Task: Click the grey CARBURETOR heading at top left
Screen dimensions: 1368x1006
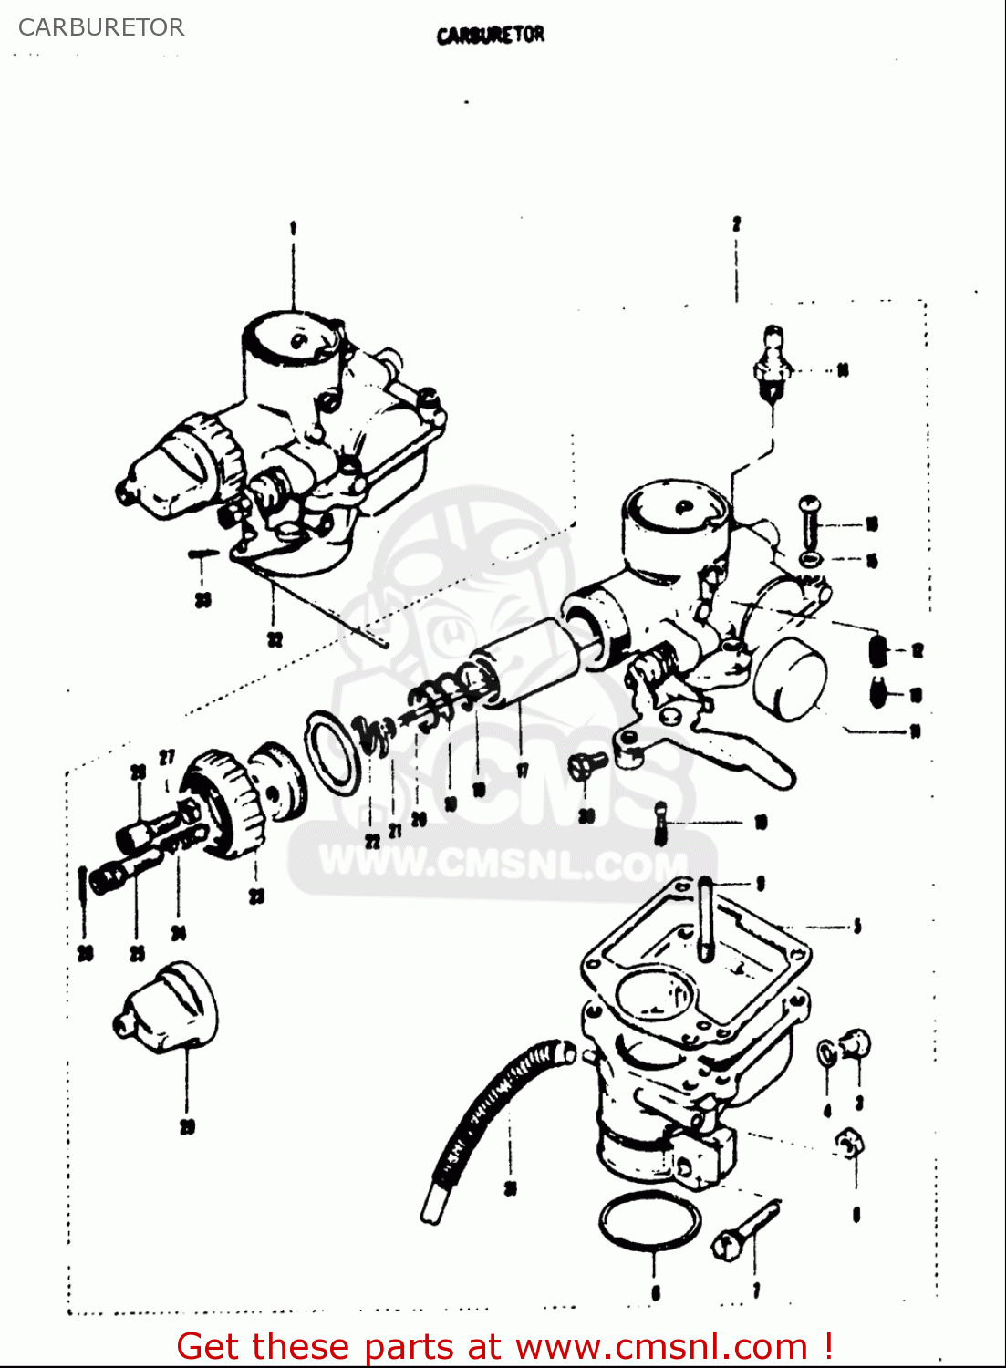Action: pos(101,27)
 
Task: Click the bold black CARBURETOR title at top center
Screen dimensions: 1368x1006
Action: pos(491,36)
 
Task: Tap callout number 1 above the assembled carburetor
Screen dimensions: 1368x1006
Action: pos(293,228)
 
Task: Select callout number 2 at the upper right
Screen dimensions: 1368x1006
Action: pos(736,223)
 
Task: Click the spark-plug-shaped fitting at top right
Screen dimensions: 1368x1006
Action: pos(772,365)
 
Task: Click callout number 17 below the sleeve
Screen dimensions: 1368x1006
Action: pos(523,771)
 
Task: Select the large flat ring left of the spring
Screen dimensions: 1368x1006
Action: pos(333,752)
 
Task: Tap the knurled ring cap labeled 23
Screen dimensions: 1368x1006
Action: pos(223,803)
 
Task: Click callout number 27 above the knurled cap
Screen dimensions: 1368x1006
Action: pos(167,757)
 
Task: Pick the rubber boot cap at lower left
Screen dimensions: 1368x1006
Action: pos(169,1008)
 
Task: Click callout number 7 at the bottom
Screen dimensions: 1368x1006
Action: pos(756,1290)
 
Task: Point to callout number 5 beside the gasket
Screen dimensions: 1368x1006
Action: pos(856,928)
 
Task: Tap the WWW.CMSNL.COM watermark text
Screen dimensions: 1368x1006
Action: pos(502,862)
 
